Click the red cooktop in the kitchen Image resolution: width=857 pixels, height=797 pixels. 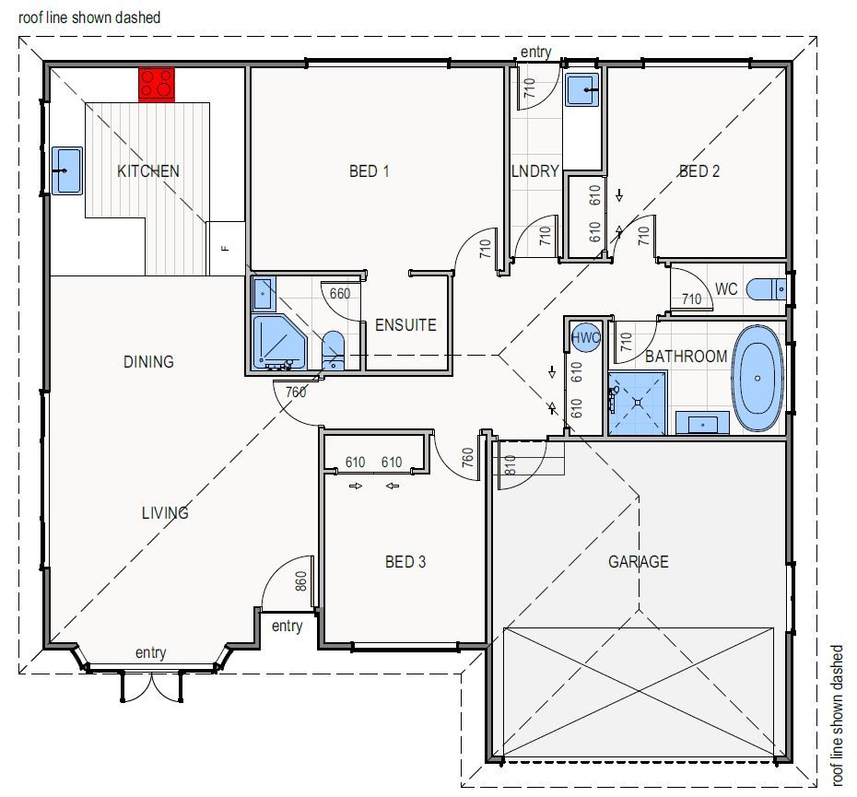tap(157, 85)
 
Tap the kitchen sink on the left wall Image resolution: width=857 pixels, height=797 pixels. tap(67, 170)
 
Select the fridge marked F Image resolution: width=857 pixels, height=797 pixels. tap(225, 248)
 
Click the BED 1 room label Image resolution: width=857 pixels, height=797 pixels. tap(369, 171)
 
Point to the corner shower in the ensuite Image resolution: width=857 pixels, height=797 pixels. tap(279, 343)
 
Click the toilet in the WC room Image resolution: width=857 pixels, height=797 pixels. tap(767, 289)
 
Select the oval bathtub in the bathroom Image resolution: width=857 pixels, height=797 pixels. tap(757, 379)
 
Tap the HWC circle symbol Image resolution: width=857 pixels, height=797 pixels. tap(585, 337)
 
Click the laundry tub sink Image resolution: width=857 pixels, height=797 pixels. tap(582, 90)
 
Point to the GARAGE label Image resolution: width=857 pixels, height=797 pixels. tap(639, 562)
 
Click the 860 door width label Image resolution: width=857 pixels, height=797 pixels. tap(301, 581)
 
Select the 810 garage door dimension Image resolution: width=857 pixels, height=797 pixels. tap(510, 464)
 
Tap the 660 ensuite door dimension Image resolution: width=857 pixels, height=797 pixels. tap(339, 294)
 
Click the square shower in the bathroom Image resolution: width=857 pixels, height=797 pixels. tap(638, 404)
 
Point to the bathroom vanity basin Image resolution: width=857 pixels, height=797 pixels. tap(702, 423)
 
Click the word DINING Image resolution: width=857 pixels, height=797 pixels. tap(148, 362)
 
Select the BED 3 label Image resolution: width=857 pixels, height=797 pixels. tap(405, 562)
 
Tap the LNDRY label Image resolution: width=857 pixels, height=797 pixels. tap(535, 171)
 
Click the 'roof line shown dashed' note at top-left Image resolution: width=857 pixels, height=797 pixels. tap(89, 18)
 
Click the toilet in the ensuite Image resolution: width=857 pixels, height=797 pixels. tap(333, 350)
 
